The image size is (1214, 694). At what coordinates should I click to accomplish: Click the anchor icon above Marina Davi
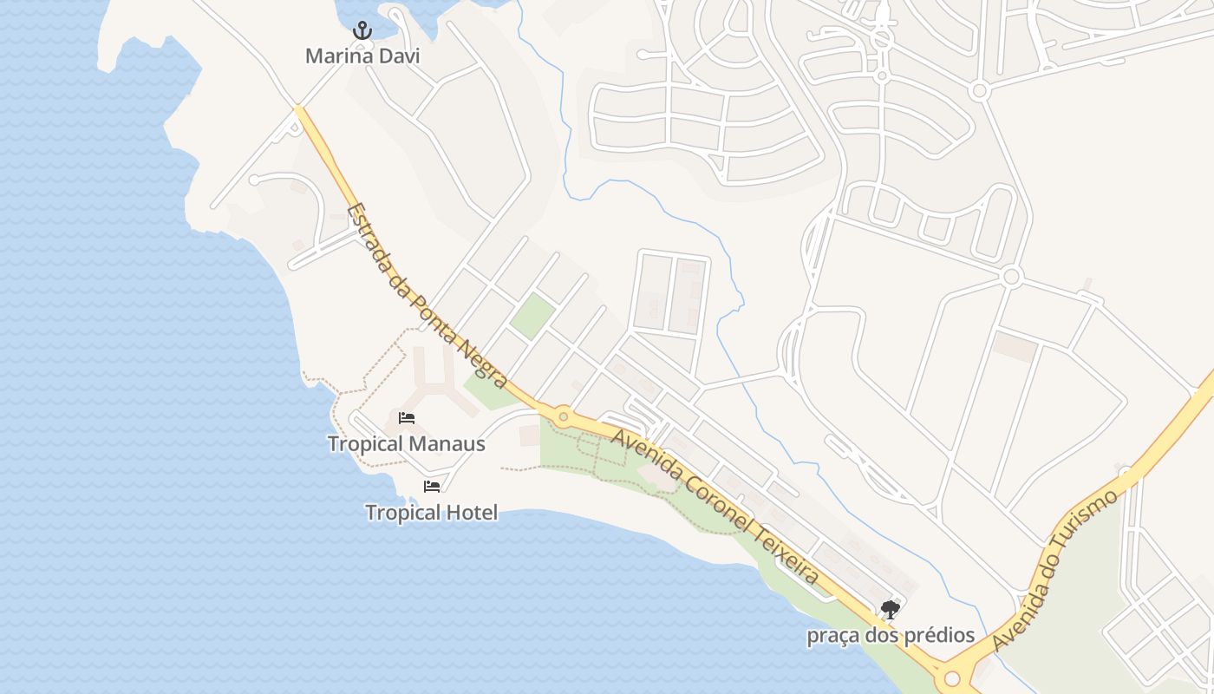pos(362,31)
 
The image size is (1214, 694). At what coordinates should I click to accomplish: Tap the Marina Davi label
pos(362,56)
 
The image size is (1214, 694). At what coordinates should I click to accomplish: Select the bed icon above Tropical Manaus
pos(406,418)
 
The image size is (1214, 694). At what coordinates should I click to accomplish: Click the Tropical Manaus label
pos(406,444)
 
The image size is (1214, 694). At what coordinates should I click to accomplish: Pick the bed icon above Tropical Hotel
pos(432,487)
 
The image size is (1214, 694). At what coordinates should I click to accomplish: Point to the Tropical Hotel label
pos(432,513)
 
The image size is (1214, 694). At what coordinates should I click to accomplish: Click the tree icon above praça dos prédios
pos(890,610)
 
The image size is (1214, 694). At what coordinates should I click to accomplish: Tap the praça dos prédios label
pos(891,636)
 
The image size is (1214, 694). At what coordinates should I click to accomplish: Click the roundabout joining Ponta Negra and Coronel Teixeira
pos(563,418)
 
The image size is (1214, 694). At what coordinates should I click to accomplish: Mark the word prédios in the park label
pos(939,636)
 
